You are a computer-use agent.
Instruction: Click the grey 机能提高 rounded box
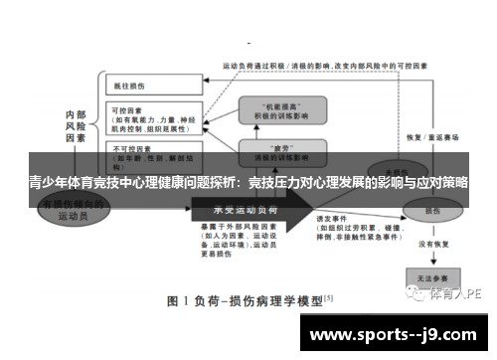coord(279,109)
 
